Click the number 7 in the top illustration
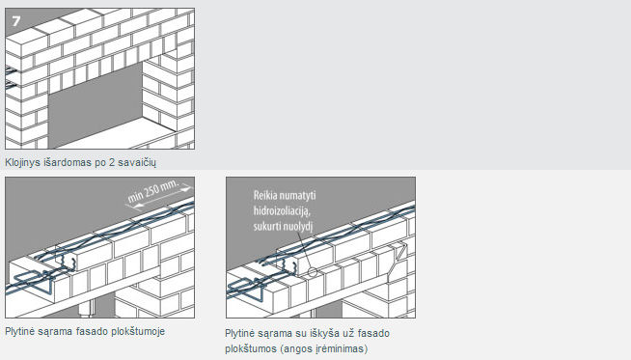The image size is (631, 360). click(16, 21)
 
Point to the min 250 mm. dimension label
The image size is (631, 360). click(153, 191)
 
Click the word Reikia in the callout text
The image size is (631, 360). click(264, 196)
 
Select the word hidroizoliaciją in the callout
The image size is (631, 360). click(282, 211)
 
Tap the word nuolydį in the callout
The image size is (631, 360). click(298, 226)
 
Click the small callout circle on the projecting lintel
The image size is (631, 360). click(313, 272)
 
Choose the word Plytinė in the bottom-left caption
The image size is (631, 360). click(19, 331)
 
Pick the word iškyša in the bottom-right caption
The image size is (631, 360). click(324, 333)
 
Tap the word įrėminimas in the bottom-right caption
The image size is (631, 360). click(344, 348)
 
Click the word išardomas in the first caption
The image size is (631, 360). click(59, 163)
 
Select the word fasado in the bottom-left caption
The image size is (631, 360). click(99, 331)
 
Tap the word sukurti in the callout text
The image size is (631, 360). click(267, 226)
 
